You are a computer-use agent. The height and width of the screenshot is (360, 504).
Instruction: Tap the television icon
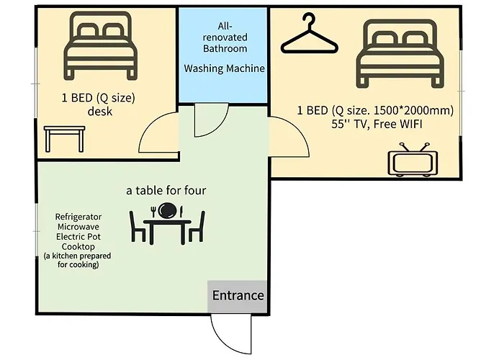tap(413, 160)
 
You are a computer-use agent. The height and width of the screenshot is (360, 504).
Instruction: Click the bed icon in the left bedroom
tap(100, 45)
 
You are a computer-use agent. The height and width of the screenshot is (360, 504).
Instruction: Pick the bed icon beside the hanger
tap(400, 53)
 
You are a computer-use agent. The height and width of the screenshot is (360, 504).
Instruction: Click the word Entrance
tap(238, 295)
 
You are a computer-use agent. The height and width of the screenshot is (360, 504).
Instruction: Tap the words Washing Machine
tap(225, 68)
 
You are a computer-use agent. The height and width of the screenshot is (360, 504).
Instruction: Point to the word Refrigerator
tap(78, 217)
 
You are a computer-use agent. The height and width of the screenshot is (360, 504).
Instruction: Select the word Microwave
tap(78, 227)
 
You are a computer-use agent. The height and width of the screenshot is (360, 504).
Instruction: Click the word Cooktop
tap(78, 247)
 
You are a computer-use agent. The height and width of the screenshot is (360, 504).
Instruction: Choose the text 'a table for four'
tap(166, 190)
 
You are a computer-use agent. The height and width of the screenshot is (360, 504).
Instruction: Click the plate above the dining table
tap(168, 210)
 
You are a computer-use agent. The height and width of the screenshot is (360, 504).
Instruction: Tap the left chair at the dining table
tap(138, 227)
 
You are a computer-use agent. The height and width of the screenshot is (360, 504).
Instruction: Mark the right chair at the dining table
tap(197, 227)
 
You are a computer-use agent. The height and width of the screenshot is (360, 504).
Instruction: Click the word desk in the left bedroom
tap(100, 112)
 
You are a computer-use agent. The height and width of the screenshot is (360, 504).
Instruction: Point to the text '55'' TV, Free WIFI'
tap(377, 124)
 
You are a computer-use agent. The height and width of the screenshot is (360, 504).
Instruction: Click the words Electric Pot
tap(78, 237)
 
